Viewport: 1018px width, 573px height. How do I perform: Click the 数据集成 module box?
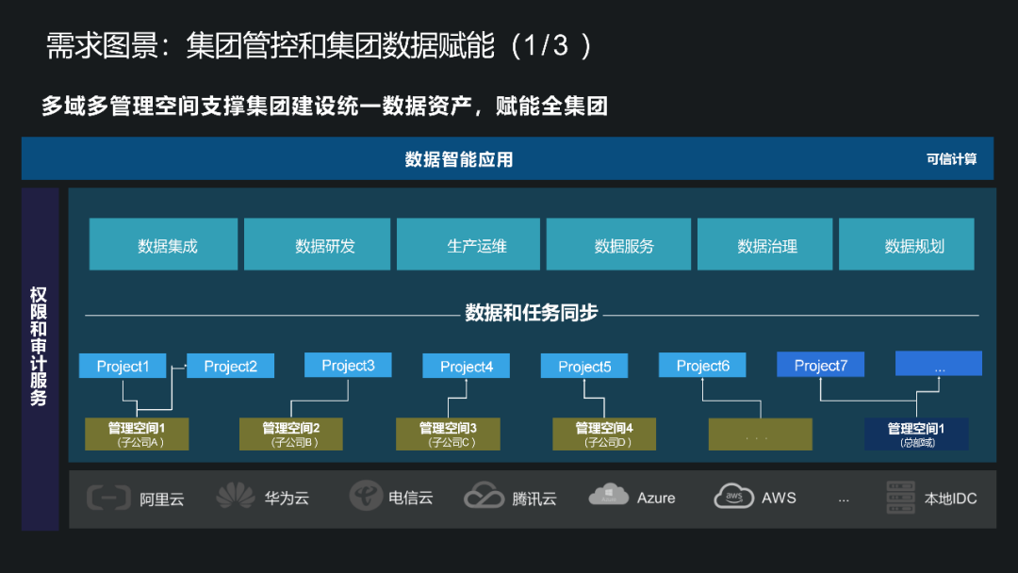[x=167, y=245]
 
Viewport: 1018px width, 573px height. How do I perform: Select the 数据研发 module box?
[x=317, y=245]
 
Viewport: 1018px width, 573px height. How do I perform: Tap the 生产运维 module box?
[x=468, y=245]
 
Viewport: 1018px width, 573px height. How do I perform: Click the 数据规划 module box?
[x=906, y=245]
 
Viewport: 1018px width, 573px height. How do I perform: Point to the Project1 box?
[x=123, y=366]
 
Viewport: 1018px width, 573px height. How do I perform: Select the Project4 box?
[x=466, y=367]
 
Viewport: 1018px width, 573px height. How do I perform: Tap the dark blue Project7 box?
[x=820, y=365]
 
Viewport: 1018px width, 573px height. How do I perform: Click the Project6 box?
[x=702, y=366]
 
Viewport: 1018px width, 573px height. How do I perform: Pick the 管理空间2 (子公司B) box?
[x=291, y=434]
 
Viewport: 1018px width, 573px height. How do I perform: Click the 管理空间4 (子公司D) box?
[x=604, y=434]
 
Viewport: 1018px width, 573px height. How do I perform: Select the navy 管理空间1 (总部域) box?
[x=916, y=434]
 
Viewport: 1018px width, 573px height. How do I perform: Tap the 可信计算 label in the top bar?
[x=951, y=159]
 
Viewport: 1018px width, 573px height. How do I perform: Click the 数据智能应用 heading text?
[x=459, y=159]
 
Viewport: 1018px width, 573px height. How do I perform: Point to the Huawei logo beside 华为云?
[x=236, y=497]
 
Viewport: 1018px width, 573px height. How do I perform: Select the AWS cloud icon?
[x=733, y=496]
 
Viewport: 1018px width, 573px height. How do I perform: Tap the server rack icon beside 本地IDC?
[x=901, y=498]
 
